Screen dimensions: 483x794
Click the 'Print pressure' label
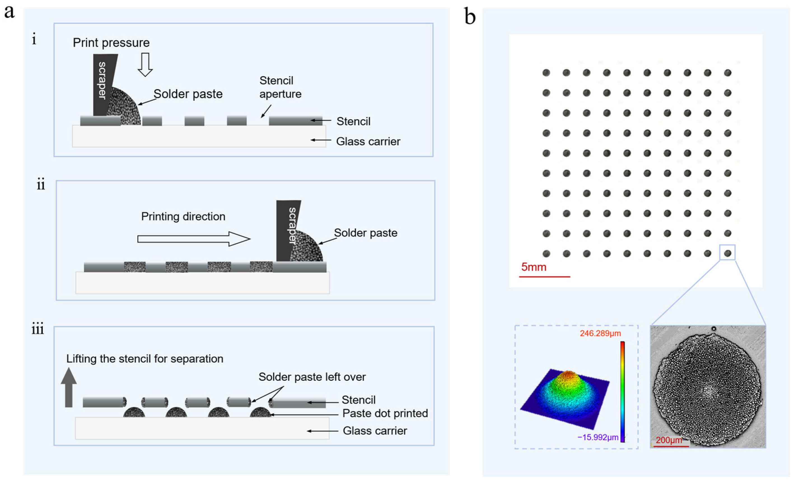(x=111, y=43)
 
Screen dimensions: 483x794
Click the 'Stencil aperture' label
(x=280, y=87)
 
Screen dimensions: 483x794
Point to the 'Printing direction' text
(x=183, y=216)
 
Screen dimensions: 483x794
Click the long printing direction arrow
(x=193, y=239)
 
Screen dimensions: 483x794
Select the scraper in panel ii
(x=288, y=229)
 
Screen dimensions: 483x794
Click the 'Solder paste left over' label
(x=312, y=377)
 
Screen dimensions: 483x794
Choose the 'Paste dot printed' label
(x=385, y=413)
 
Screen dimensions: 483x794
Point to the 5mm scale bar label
(x=534, y=267)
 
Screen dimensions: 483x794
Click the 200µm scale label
(x=669, y=440)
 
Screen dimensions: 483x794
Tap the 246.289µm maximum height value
(x=600, y=333)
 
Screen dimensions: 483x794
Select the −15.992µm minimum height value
(x=598, y=437)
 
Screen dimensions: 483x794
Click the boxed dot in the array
(x=727, y=253)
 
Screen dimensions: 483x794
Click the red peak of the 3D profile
(x=568, y=375)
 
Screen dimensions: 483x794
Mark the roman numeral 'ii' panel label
(x=41, y=184)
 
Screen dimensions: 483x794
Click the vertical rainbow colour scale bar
(x=623, y=391)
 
